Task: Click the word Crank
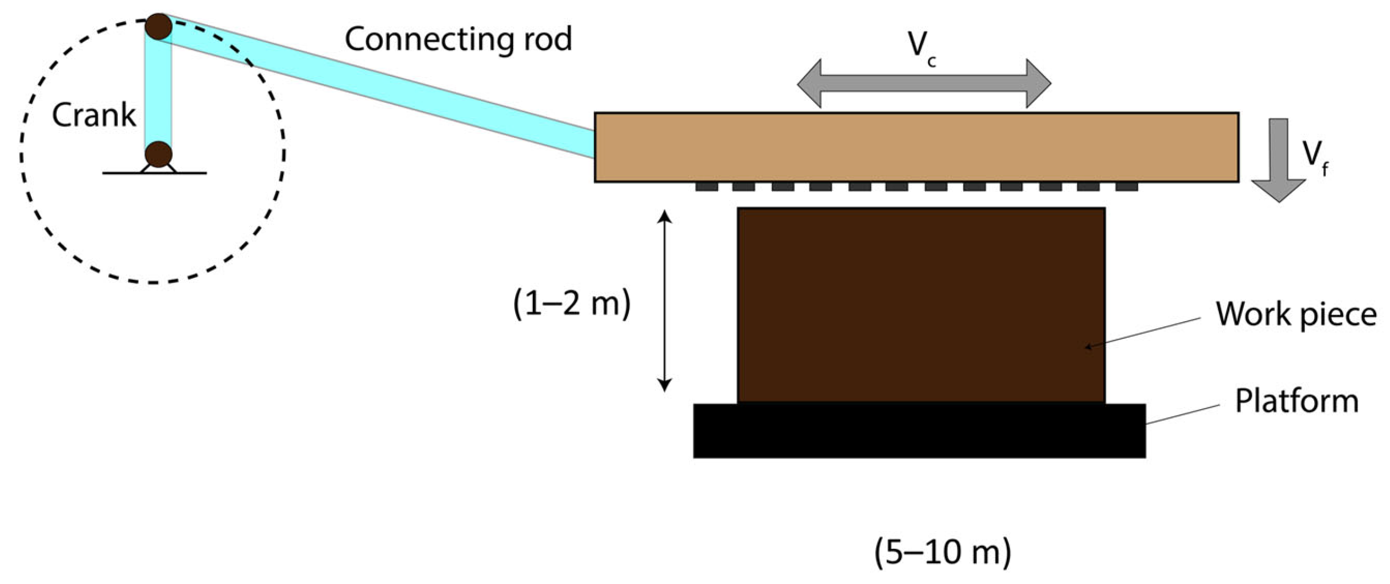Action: point(93,115)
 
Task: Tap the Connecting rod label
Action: point(458,40)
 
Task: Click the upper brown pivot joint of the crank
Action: point(158,26)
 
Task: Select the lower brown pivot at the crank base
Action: point(158,154)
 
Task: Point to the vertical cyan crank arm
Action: point(158,91)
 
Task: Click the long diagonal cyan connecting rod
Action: point(385,88)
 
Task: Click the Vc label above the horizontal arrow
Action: point(921,47)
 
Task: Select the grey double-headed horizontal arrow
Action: point(924,84)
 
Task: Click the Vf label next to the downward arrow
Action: point(1315,157)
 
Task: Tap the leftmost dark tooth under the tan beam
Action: point(707,187)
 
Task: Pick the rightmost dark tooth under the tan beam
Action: point(1127,187)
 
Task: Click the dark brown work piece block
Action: point(921,305)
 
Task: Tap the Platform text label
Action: point(1297,401)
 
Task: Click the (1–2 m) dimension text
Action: point(572,304)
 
